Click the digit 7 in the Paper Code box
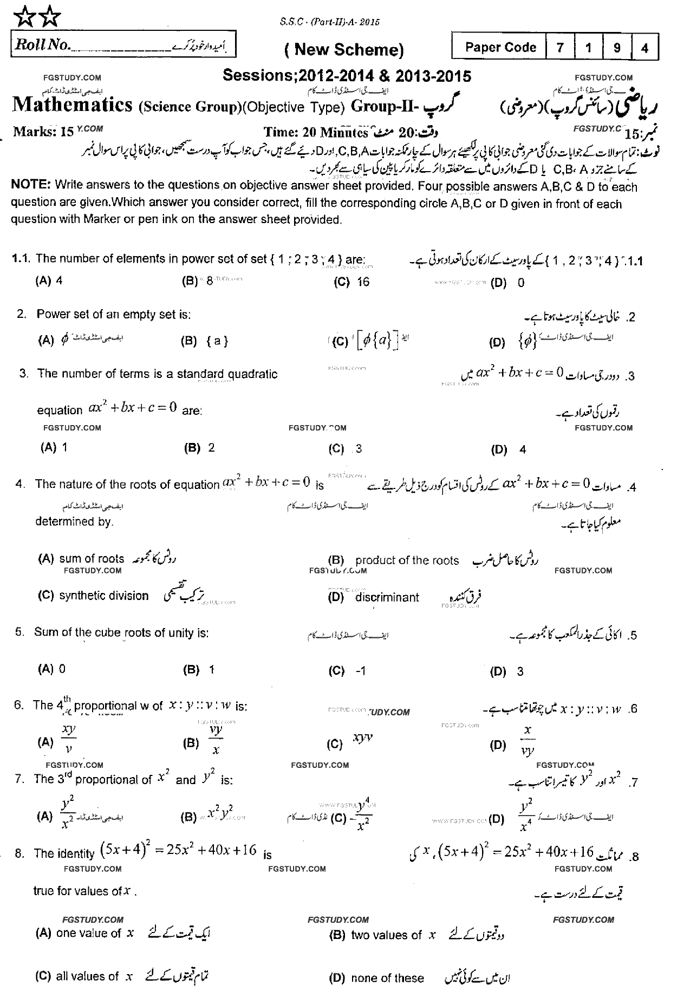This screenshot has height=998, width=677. coord(560,48)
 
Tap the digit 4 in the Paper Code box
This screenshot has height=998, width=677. coord(645,48)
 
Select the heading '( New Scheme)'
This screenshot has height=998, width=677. coord(344,50)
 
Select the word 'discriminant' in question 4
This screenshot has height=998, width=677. coord(387,597)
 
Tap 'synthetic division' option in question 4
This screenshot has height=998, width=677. coord(103,596)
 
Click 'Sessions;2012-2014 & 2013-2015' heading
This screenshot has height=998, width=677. coord(347,76)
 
